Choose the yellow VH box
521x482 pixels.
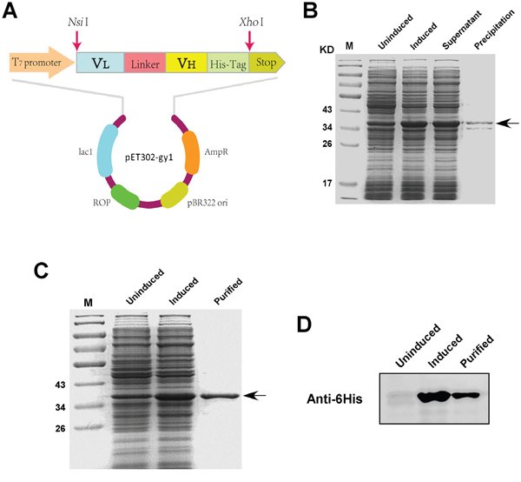(186, 63)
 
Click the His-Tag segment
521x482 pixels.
(228, 63)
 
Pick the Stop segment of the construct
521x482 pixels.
(266, 63)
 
